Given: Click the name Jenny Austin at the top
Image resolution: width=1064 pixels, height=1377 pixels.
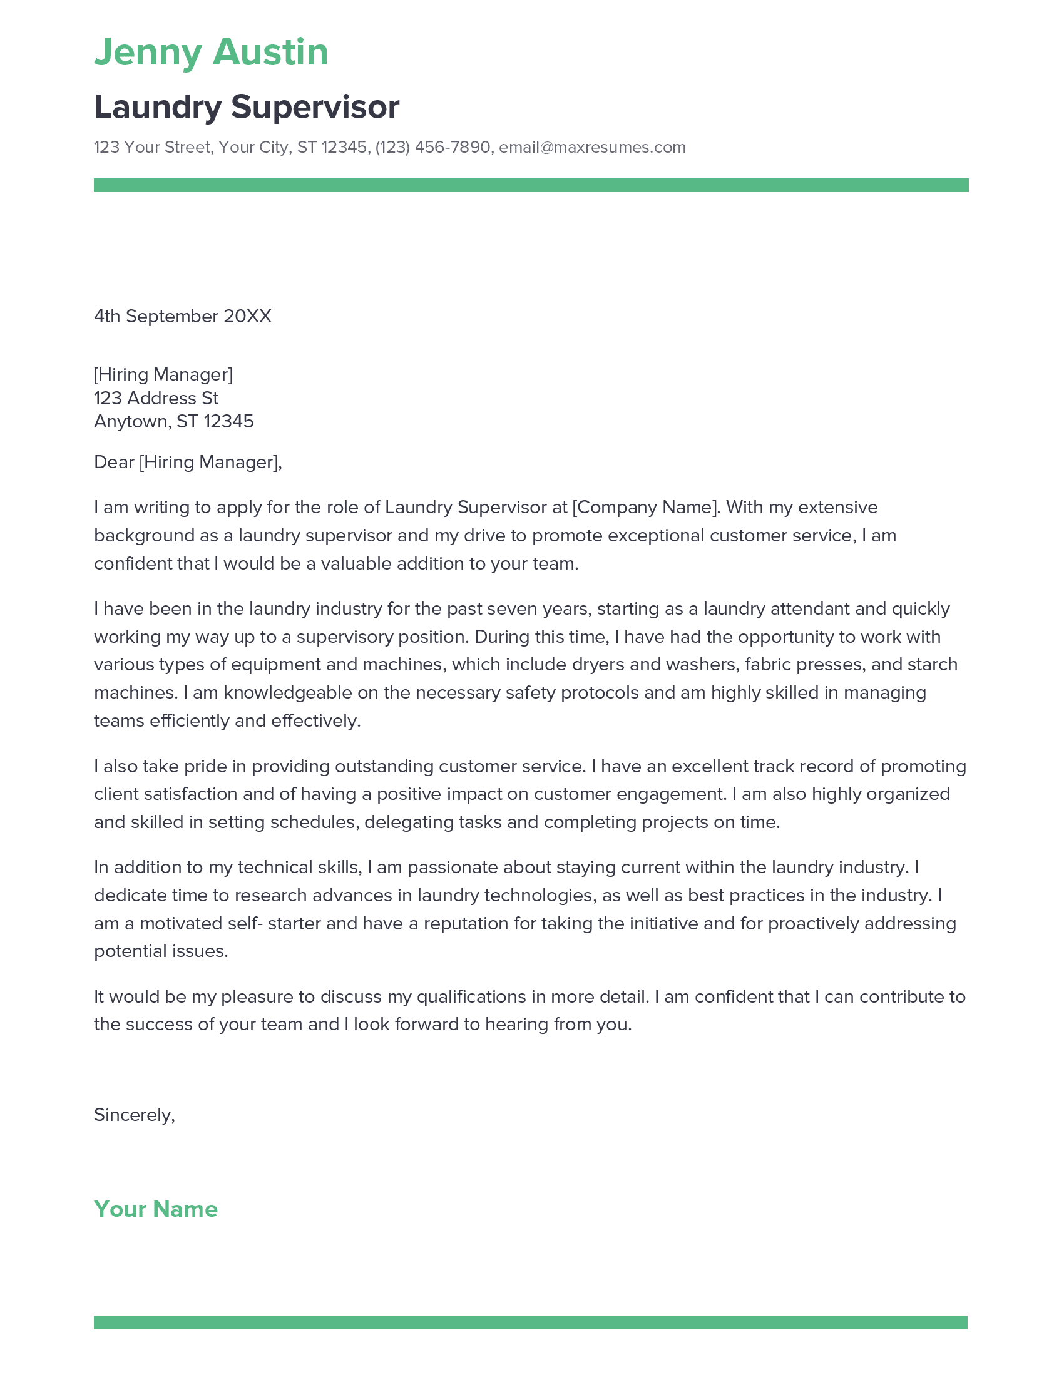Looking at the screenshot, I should coord(210,53).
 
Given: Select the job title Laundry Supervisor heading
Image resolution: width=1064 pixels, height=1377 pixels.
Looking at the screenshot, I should coord(247,106).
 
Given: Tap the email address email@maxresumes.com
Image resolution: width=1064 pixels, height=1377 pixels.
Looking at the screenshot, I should coord(592,148).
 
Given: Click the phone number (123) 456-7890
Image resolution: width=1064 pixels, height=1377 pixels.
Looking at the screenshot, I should coord(432,148).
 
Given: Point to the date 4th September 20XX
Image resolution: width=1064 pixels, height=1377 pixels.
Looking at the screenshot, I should coord(182,316).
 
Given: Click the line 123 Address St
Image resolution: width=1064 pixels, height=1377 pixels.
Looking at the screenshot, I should coord(156,398).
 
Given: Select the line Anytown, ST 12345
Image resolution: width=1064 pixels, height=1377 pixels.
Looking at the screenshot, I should coord(173,421).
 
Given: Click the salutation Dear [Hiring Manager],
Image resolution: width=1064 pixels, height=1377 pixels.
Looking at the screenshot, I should coord(187,462).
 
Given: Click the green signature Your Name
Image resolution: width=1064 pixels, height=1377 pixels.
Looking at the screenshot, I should coord(155,1209).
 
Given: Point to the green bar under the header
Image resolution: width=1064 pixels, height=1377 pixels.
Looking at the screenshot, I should coord(531,185).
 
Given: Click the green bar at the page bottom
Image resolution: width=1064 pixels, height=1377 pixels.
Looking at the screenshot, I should coord(531,1322).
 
